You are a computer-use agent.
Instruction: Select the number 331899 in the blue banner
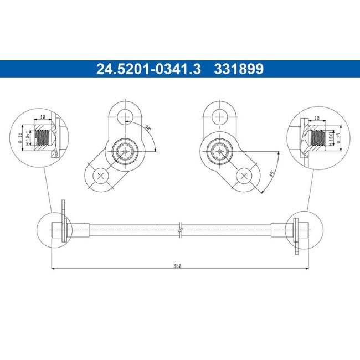coord(239,69)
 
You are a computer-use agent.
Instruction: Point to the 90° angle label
coord(148,128)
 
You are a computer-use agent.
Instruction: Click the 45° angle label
coord(271,173)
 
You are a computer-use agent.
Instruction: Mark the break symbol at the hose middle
coord(181,229)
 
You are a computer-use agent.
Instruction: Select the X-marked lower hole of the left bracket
coord(100,176)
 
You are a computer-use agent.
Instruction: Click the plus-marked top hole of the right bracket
coord(220,116)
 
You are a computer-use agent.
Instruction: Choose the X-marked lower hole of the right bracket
coord(244,176)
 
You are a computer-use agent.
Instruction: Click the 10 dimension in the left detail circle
coord(42,117)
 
